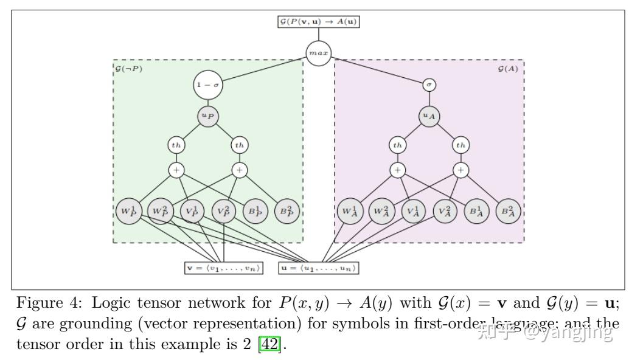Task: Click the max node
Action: (x=318, y=53)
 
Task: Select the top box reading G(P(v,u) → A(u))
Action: (x=318, y=22)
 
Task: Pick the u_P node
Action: (x=207, y=115)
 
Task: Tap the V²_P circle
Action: (x=224, y=211)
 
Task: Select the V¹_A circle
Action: (x=413, y=211)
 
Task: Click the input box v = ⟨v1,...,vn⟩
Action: (x=224, y=268)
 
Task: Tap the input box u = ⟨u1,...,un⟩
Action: (x=319, y=268)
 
